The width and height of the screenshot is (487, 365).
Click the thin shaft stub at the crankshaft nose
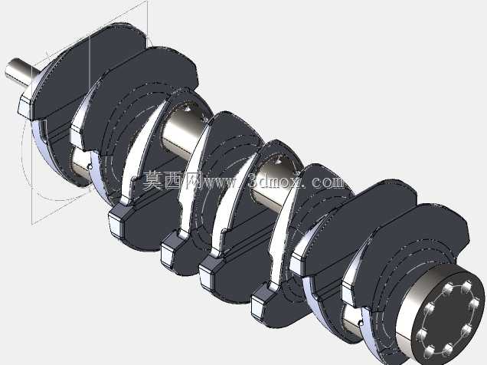[x=22, y=72]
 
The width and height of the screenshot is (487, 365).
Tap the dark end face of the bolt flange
[x=448, y=321]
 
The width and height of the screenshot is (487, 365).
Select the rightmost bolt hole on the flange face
[x=474, y=303]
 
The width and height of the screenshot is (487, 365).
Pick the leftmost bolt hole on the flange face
[x=421, y=335]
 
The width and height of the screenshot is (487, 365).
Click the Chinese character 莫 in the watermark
[x=152, y=180]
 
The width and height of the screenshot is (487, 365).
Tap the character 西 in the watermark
[x=173, y=180]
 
